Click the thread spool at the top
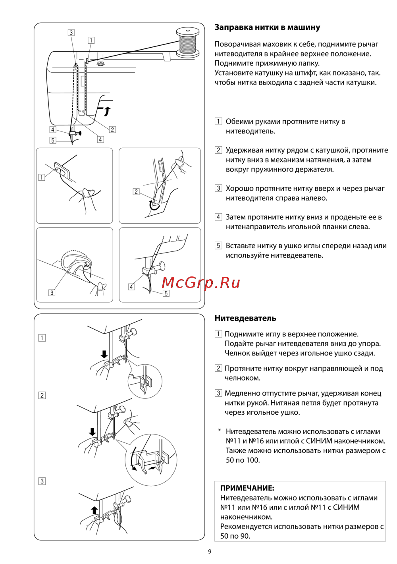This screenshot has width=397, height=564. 187,42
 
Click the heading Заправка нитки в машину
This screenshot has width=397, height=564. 267,27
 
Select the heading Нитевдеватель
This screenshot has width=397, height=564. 245,318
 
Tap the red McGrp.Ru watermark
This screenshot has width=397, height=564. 201,282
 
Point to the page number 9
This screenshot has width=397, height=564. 210,551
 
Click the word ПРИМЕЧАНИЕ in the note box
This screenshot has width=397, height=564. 247,488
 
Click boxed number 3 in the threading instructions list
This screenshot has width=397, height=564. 218,188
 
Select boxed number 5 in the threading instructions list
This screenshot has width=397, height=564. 218,245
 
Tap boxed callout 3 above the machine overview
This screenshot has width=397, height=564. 71,33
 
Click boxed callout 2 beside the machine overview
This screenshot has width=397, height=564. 112,129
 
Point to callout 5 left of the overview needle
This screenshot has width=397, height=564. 53,140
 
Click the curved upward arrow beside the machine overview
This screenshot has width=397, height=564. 107,111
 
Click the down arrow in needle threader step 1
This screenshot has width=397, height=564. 104,354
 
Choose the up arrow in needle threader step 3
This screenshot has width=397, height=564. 94,510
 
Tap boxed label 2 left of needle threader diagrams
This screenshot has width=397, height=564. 42,395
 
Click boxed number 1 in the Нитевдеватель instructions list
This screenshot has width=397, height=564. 218,334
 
